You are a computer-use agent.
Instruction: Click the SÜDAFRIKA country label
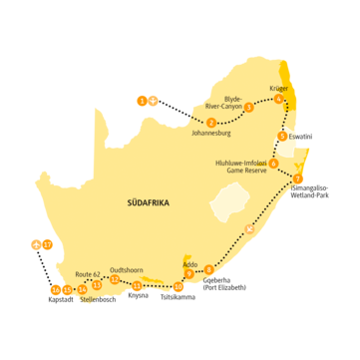coord(149,202)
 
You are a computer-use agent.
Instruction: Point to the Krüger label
coord(278,89)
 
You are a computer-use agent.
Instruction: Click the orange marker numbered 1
coord(142,100)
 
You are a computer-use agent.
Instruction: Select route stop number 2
coord(210,122)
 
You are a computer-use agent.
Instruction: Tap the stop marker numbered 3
coord(248,107)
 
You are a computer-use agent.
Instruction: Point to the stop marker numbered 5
coord(283,136)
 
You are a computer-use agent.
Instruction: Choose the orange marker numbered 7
coord(297,180)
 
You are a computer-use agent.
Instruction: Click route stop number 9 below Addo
coord(208,270)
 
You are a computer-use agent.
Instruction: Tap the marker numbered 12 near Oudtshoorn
coord(115,279)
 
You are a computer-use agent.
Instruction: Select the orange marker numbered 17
coord(47,243)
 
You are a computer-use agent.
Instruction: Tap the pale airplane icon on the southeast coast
coord(250,230)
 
